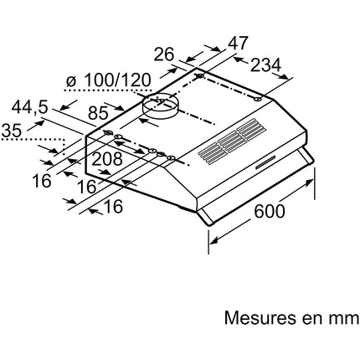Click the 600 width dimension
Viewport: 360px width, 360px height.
[270, 211]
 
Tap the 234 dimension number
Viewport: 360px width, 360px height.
[265, 65]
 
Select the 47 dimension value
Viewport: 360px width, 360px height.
[238, 44]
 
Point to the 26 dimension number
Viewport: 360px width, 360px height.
[164, 54]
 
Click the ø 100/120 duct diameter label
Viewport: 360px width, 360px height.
[108, 80]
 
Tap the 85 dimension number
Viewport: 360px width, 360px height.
[98, 113]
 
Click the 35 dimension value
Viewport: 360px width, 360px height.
[11, 131]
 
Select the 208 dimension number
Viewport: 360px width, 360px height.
[107, 159]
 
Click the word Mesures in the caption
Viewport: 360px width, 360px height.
[260, 317]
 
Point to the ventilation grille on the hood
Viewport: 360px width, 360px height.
[232, 141]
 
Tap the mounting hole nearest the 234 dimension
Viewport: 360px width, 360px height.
[258, 99]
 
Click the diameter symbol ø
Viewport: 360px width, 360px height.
[71, 81]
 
